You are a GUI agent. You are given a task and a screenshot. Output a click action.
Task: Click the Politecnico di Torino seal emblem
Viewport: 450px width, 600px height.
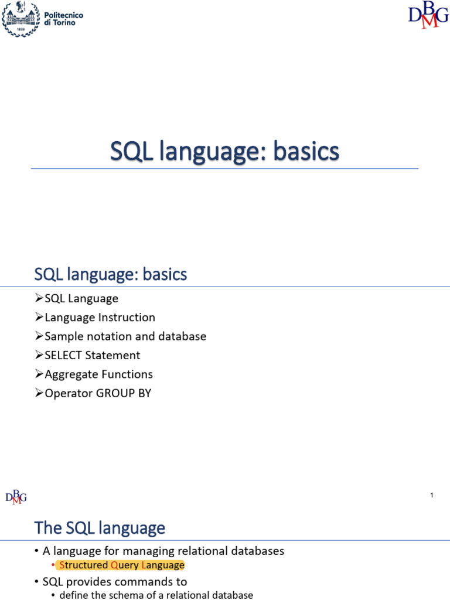pos(21,19)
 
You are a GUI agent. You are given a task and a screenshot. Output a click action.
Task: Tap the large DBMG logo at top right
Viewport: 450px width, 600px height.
pos(428,15)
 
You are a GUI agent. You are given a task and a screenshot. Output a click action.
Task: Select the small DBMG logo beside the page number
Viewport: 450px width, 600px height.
pos(16,497)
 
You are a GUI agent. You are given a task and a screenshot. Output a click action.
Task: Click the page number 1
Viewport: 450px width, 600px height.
pos(432,495)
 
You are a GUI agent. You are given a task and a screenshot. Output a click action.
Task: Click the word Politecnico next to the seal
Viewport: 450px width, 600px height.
pos(63,15)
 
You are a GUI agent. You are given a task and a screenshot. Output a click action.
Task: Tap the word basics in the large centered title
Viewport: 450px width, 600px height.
pos(306,151)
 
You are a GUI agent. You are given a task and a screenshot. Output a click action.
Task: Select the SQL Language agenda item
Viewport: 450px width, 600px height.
pos(81,298)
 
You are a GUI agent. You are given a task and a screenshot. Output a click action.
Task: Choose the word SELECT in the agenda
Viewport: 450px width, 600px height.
pos(63,356)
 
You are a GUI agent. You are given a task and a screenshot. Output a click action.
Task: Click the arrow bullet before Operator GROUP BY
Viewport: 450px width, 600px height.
pos(39,393)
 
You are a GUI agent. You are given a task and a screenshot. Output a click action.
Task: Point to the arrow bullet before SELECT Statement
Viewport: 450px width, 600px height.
pos(39,354)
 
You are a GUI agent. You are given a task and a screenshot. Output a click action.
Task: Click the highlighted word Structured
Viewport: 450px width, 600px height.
pos(83,565)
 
